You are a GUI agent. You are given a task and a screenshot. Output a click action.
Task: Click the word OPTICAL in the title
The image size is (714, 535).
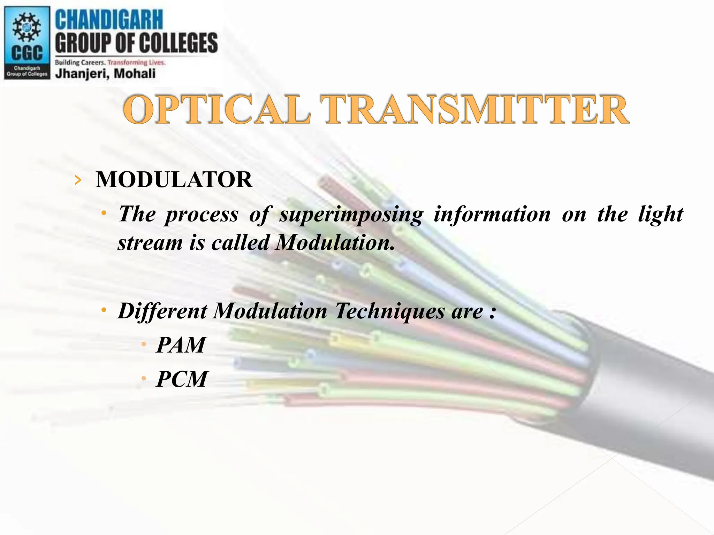click(x=216, y=110)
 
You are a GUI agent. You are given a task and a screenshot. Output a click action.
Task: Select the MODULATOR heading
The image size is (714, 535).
click(x=174, y=180)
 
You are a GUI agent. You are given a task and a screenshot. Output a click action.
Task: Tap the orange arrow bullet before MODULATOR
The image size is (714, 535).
click(x=78, y=180)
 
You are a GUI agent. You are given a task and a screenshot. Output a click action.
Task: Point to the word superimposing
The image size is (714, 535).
click(x=351, y=215)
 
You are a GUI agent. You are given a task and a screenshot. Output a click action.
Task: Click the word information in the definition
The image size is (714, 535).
click(x=492, y=214)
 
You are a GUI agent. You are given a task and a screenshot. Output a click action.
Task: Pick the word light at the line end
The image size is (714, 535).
click(x=660, y=215)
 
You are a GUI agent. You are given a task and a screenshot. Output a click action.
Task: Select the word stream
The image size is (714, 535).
click(x=150, y=242)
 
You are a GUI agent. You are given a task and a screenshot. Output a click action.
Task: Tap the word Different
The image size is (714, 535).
click(x=162, y=311)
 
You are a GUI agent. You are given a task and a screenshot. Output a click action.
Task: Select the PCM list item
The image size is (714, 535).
click(x=182, y=379)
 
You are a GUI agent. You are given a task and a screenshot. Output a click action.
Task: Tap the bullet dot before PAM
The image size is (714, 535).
click(x=144, y=345)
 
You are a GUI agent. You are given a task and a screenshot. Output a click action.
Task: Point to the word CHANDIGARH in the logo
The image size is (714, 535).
click(x=109, y=20)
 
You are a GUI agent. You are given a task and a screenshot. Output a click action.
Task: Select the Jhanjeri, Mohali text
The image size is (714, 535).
click(x=105, y=73)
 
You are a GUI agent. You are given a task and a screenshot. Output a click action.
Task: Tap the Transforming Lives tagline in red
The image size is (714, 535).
click(x=136, y=63)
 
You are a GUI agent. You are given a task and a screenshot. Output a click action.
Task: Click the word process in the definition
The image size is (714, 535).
click(x=202, y=215)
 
